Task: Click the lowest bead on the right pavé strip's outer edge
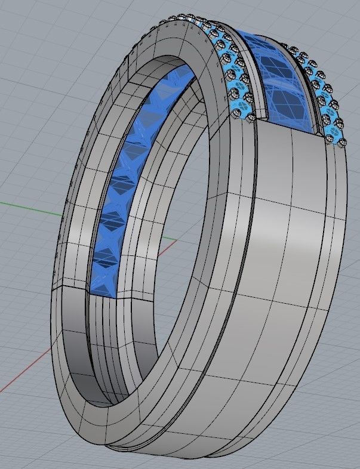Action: [341, 142]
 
